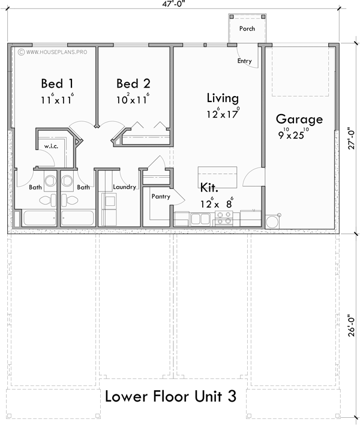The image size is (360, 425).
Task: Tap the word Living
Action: coord(223,98)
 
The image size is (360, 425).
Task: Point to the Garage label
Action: coord(299,119)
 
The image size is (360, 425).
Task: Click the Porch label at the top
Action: coord(247,28)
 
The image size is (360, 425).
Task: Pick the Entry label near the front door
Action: coord(244,61)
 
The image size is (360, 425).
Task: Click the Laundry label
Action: coord(124,187)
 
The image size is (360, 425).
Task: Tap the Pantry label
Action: coord(161,196)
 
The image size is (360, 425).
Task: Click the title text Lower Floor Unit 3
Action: coord(170,397)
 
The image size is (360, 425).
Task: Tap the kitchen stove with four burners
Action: coord(224,218)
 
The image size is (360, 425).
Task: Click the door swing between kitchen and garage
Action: coord(254,178)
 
